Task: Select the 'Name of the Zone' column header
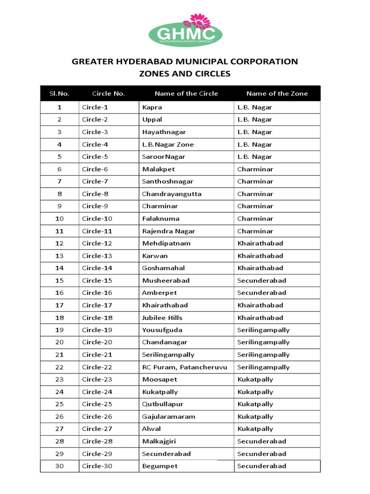pyautogui.click(x=277, y=94)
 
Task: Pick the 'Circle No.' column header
pyautogui.click(x=108, y=94)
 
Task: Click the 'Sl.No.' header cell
pyautogui.click(x=59, y=94)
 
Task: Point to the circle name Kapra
pyautogui.click(x=152, y=107)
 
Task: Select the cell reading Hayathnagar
pyautogui.click(x=164, y=132)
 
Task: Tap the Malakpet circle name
pyautogui.click(x=159, y=169)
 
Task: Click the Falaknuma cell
pyautogui.click(x=160, y=219)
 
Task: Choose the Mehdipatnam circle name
pyautogui.click(x=166, y=243)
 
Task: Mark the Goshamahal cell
pyautogui.click(x=163, y=268)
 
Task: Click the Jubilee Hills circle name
pyautogui.click(x=162, y=317)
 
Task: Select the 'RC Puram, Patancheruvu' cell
pyautogui.click(x=185, y=367)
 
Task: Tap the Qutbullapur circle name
pyautogui.click(x=163, y=404)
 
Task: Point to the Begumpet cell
pyautogui.click(x=160, y=466)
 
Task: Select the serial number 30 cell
pyautogui.click(x=59, y=466)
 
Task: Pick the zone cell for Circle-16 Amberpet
pyautogui.click(x=262, y=293)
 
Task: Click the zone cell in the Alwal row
pyautogui.click(x=255, y=429)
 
